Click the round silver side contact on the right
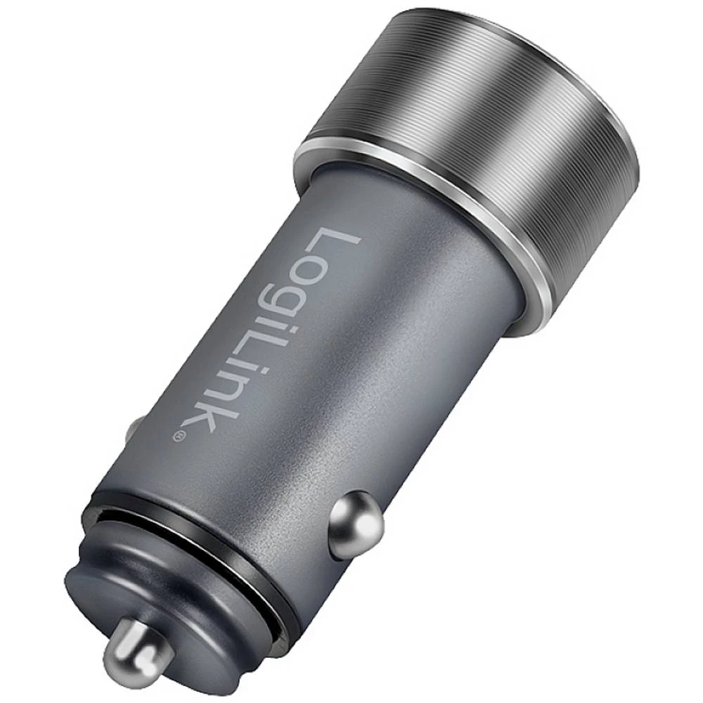356,524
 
